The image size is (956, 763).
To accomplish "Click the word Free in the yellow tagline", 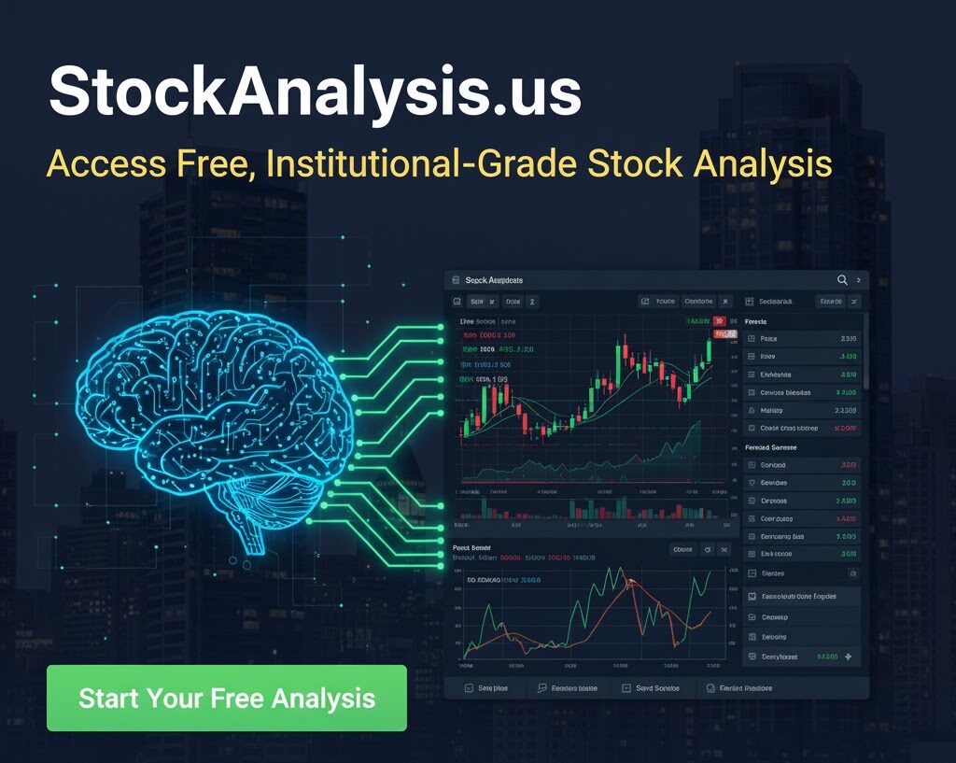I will coord(215,164).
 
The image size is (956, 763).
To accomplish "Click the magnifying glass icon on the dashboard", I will coord(842,280).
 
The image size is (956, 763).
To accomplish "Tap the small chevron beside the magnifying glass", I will coord(859,280).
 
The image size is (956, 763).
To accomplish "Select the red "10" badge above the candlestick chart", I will coord(719,321).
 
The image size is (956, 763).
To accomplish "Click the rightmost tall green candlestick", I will coord(709,350).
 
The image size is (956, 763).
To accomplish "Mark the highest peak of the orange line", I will coord(631,583).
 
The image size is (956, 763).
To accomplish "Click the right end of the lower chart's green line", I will coord(710,572).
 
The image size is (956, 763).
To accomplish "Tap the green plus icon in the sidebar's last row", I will coord(848,657).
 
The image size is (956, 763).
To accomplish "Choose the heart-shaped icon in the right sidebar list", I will coord(752,483).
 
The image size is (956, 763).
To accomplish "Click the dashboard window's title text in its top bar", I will coord(494,280).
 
